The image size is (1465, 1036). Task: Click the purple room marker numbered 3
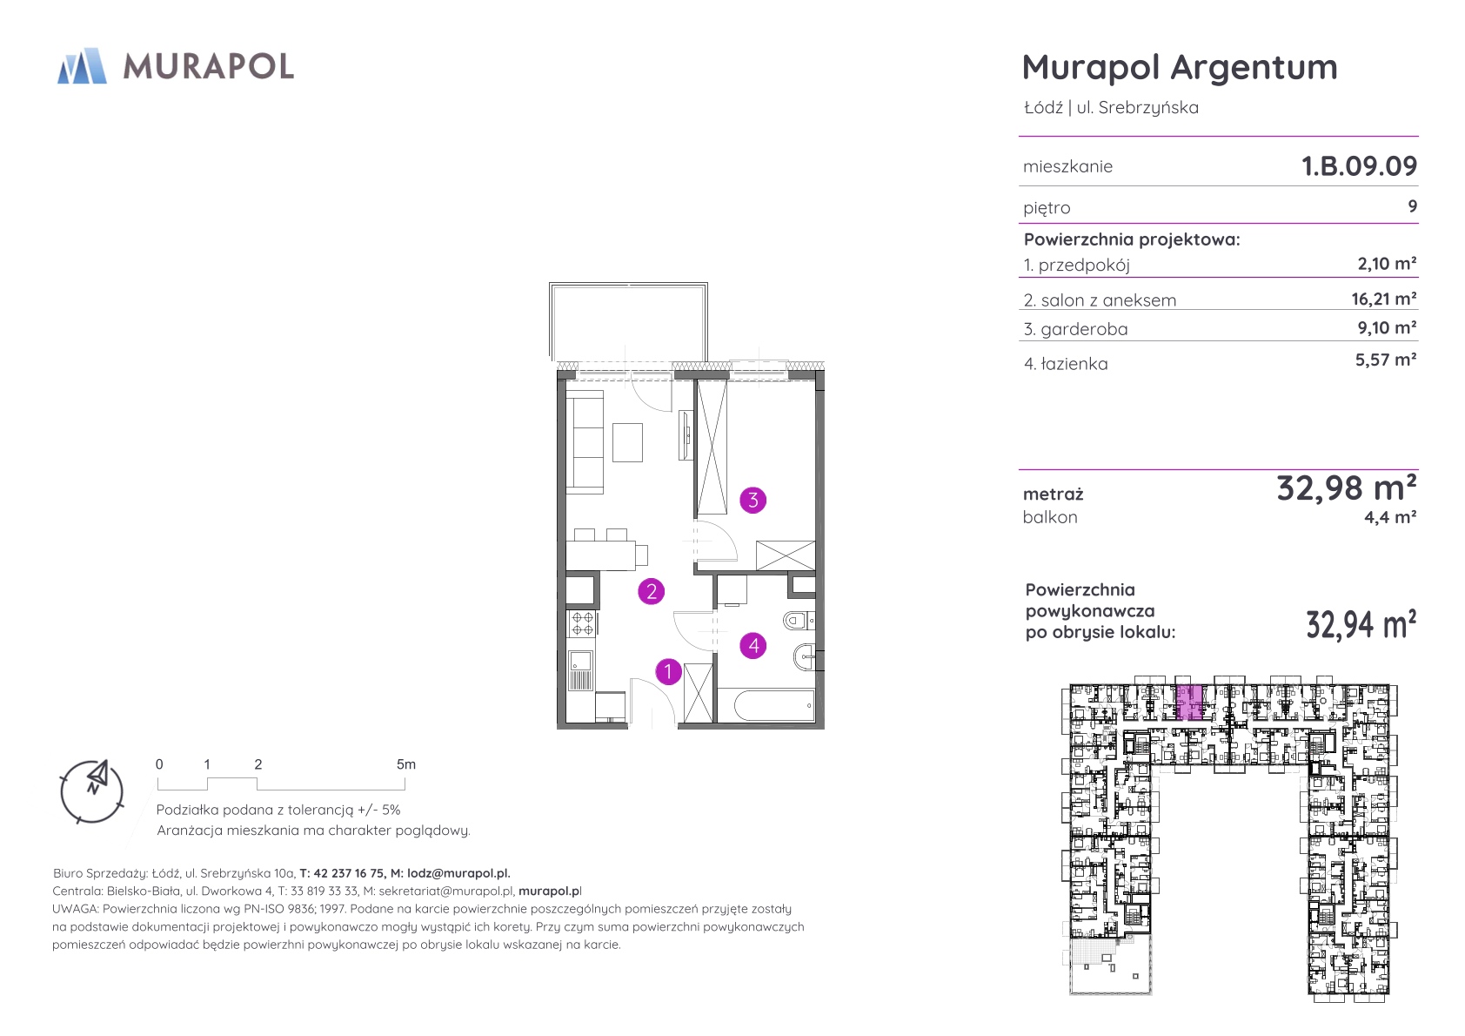click(753, 500)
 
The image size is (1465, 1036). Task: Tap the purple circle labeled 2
click(652, 592)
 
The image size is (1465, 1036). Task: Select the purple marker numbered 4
click(753, 646)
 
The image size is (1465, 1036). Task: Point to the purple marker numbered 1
click(668, 671)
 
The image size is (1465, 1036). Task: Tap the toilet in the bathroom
click(799, 619)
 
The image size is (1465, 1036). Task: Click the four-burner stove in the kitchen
click(582, 623)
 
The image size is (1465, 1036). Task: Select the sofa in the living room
click(585, 441)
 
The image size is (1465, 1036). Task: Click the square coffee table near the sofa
click(627, 442)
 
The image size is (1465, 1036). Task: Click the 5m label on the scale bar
click(405, 764)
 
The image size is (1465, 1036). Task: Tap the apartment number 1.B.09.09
click(1359, 165)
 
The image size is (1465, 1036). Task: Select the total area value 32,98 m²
click(1347, 488)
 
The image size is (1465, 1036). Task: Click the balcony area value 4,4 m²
click(1390, 517)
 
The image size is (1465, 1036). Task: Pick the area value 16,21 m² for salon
click(1384, 299)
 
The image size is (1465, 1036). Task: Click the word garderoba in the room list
click(1084, 329)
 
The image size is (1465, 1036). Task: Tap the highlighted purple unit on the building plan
click(1189, 703)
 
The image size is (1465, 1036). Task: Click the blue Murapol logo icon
click(82, 65)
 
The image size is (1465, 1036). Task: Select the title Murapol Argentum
click(1180, 67)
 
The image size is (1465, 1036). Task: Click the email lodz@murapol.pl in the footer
click(458, 873)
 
